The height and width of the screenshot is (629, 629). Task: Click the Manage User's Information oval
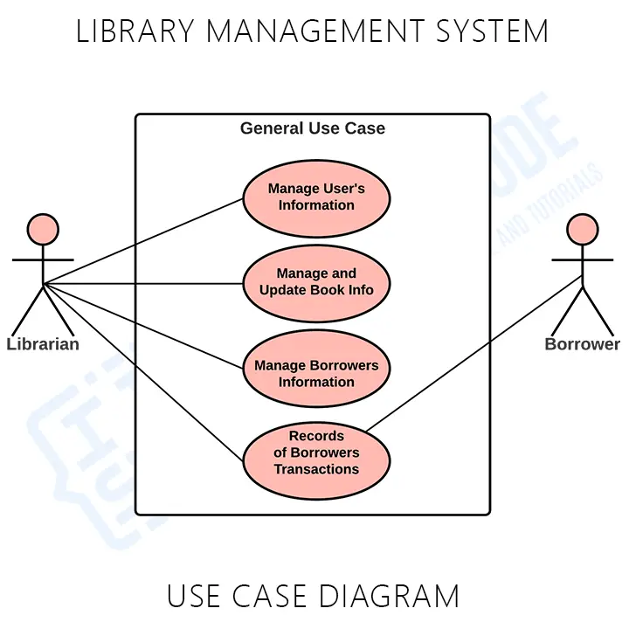coord(316,197)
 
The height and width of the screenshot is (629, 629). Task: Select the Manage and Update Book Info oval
coord(316,282)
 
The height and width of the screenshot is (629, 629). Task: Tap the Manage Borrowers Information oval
coord(316,368)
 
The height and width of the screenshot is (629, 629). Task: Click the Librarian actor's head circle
coord(43,229)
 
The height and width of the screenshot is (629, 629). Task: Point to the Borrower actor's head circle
coord(582,229)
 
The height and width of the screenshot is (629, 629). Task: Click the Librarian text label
coord(43,344)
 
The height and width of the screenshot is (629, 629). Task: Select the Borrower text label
coord(582,344)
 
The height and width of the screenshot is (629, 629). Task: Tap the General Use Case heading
coord(313,128)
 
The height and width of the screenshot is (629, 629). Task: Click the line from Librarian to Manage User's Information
coord(144,240)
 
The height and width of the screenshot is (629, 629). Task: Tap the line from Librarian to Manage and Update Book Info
coord(144,283)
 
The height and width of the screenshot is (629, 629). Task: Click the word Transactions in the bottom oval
coord(316,469)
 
